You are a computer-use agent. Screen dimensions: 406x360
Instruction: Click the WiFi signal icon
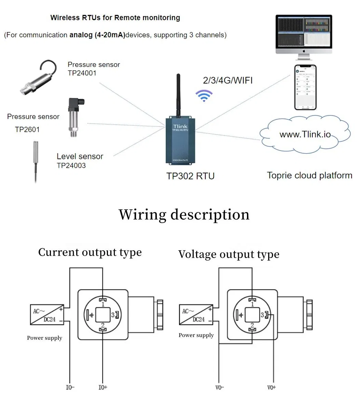(x=204, y=96)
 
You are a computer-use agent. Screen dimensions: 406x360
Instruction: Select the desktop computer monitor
(x=304, y=34)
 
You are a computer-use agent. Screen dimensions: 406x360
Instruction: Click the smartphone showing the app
(x=305, y=87)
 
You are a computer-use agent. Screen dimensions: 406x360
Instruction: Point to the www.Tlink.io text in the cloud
(x=305, y=134)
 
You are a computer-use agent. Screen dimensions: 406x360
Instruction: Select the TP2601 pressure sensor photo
(x=75, y=117)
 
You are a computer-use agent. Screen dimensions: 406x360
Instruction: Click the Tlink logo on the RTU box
(x=180, y=126)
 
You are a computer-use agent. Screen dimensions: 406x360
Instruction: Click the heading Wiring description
(x=184, y=214)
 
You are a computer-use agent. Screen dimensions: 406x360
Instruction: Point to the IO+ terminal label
(x=102, y=387)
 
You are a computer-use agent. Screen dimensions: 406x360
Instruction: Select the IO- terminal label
(x=70, y=387)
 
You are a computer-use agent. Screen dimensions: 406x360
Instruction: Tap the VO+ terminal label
(x=272, y=387)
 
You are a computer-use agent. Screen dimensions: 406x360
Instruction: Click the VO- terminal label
(x=220, y=387)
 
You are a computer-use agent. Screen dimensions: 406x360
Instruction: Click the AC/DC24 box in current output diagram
(x=47, y=314)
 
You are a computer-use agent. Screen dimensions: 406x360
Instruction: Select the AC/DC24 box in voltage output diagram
(x=196, y=314)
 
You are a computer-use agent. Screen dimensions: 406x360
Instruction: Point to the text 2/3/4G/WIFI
(x=228, y=81)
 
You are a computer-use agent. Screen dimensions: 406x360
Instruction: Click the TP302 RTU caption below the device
(x=190, y=176)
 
